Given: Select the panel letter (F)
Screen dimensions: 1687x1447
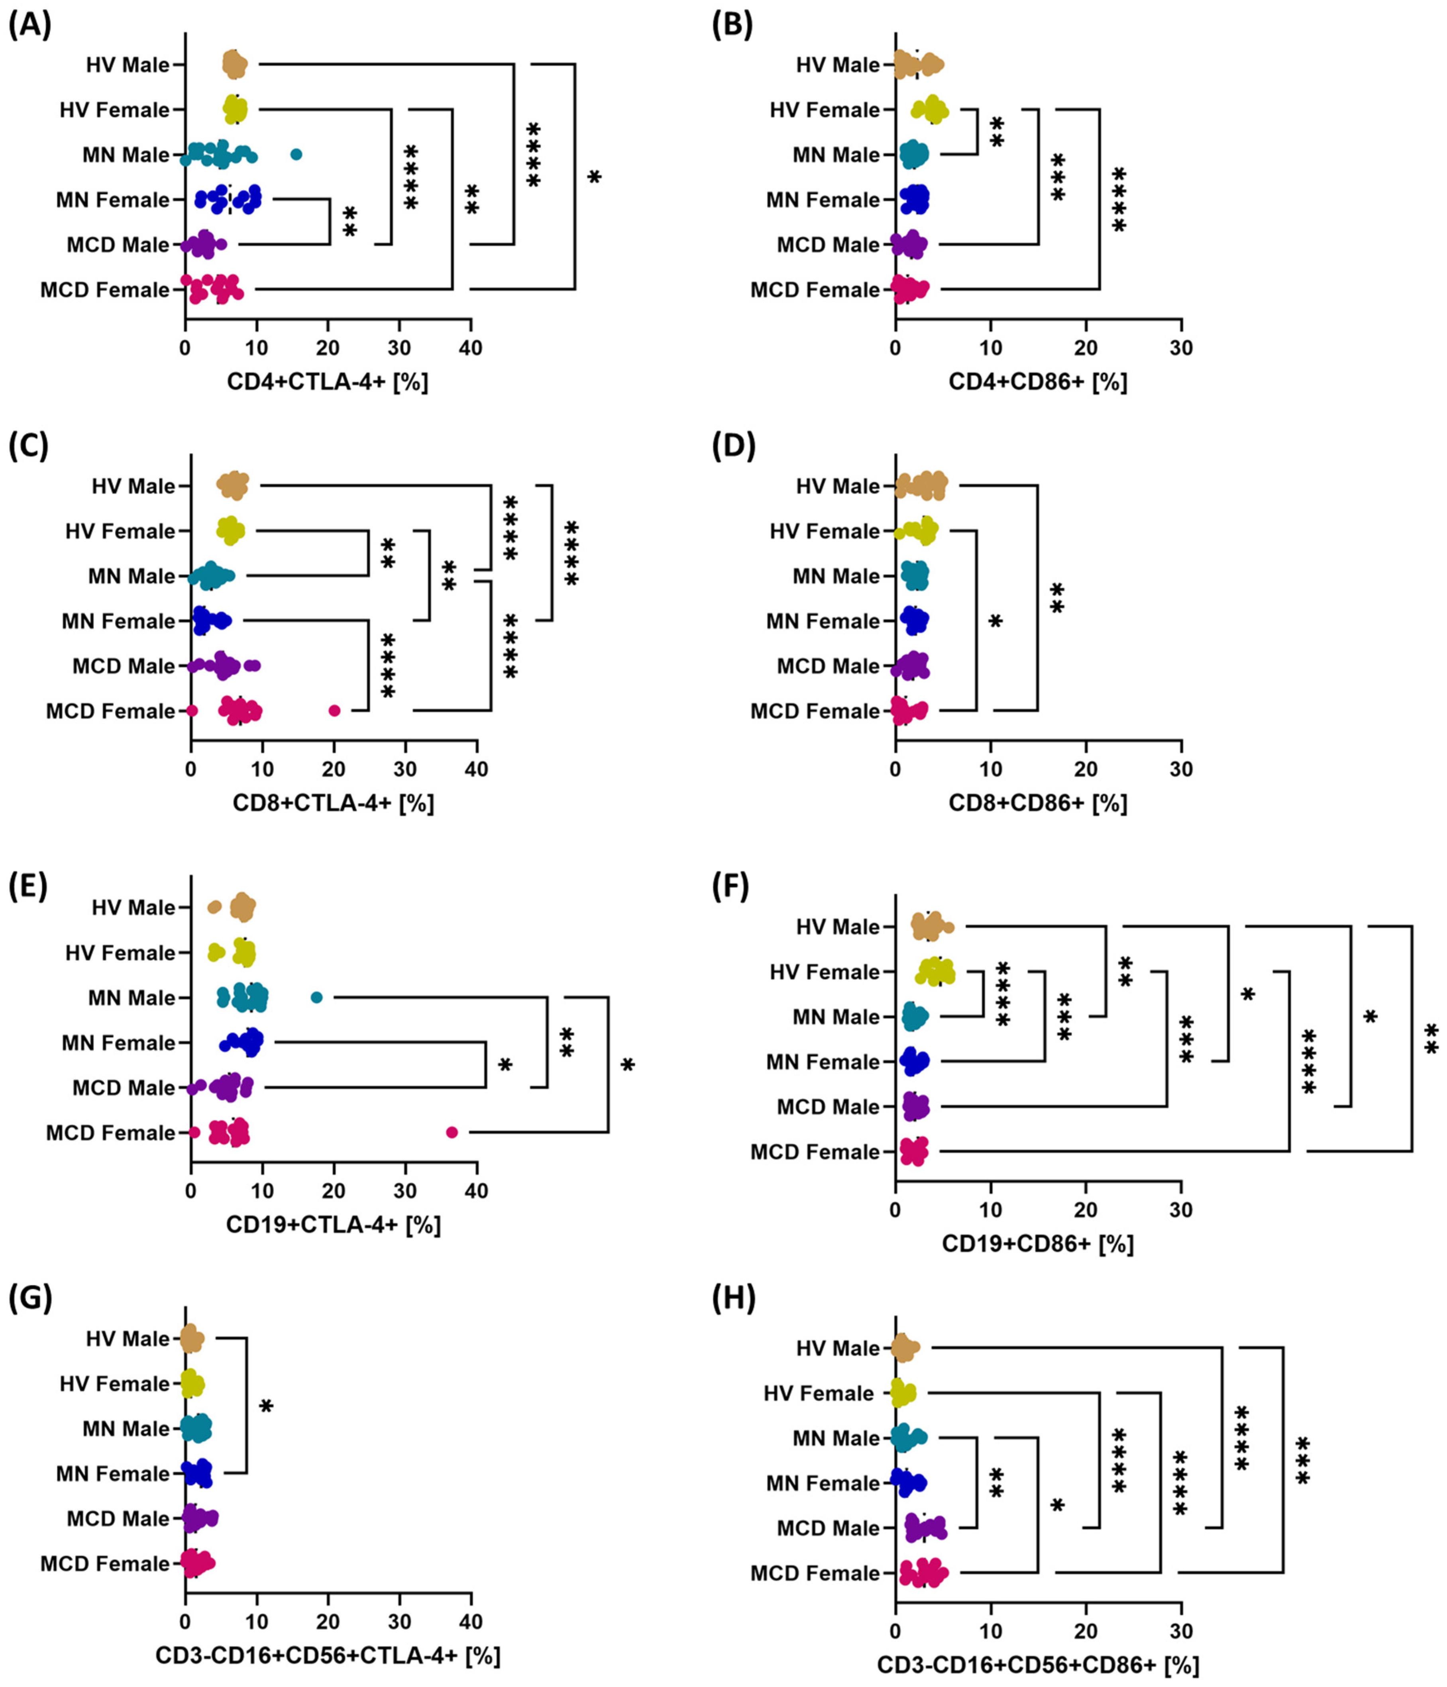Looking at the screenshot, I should tap(730, 887).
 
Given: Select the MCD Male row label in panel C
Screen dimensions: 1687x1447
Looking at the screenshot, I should tap(124, 666).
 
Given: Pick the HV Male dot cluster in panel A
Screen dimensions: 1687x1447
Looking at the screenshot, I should tap(234, 64).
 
